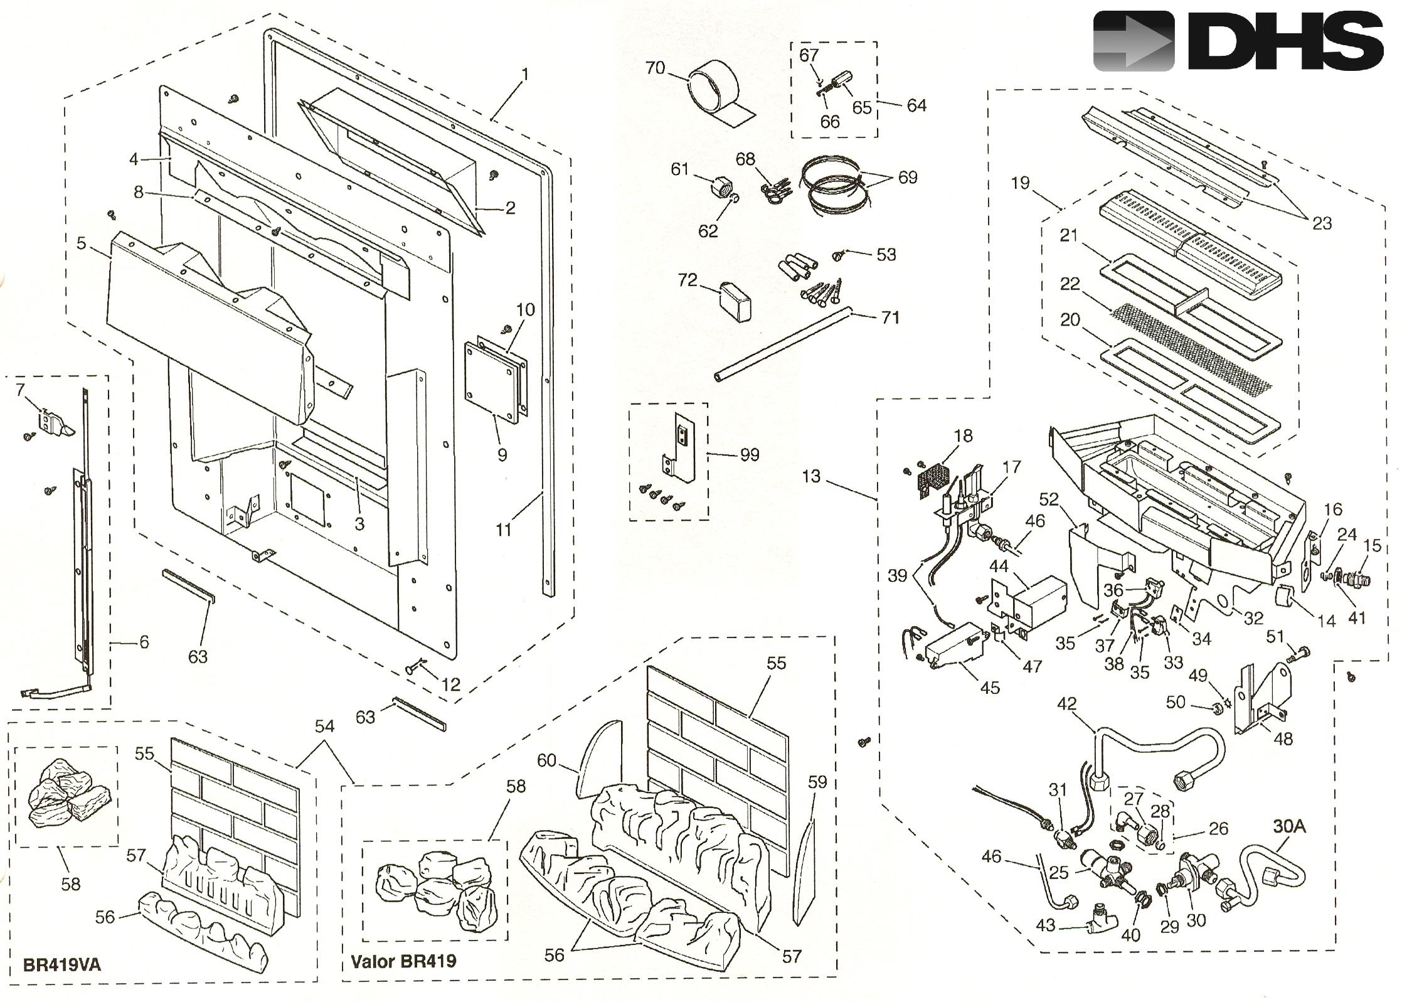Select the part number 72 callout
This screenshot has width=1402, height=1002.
click(688, 280)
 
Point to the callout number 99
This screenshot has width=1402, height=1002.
click(750, 454)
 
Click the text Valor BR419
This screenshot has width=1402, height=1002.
click(403, 961)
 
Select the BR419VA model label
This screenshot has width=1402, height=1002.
click(61, 964)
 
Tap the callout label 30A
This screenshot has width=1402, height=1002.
click(1289, 826)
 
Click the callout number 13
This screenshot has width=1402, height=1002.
click(810, 476)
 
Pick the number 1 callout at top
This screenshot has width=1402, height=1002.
click(524, 75)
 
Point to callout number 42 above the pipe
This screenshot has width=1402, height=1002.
click(1066, 703)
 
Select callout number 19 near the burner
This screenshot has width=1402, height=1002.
click(1020, 183)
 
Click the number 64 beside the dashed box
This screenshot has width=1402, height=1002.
click(916, 105)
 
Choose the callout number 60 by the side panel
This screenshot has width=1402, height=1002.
click(546, 760)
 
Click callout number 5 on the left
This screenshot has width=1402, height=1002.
click(82, 242)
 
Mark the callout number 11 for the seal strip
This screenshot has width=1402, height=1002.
click(504, 530)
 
